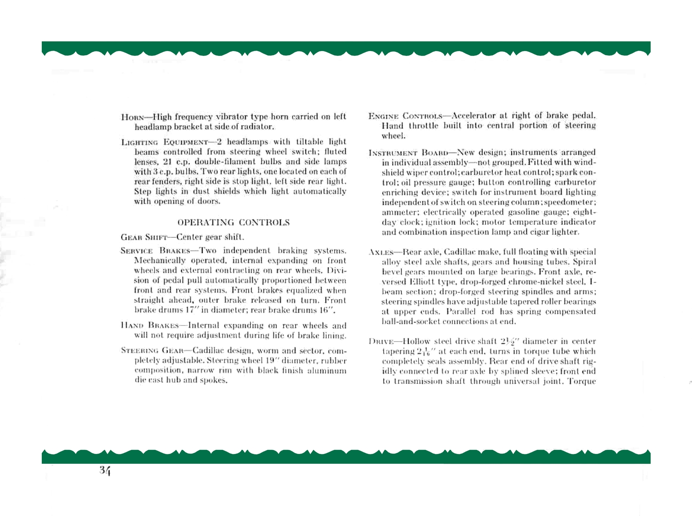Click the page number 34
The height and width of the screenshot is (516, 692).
pyautogui.click(x=105, y=471)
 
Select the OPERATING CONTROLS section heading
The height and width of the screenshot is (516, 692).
pyautogui.click(x=234, y=223)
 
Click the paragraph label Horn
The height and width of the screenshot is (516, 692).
pyautogui.click(x=133, y=118)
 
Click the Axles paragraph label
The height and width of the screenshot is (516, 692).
pyautogui.click(x=379, y=252)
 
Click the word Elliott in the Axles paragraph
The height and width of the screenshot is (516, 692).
pyautogui.click(x=423, y=282)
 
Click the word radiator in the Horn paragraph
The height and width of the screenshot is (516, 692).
pyautogui.click(x=256, y=127)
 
